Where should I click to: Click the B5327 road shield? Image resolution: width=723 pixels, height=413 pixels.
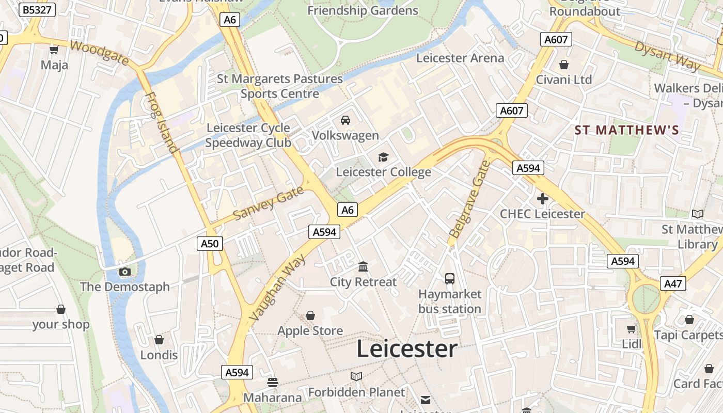[x=37, y=10]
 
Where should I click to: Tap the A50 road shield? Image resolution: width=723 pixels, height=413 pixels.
[x=210, y=244]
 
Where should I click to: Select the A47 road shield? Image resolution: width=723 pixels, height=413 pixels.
[x=673, y=283]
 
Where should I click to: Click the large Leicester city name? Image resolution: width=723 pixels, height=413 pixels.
[x=407, y=349]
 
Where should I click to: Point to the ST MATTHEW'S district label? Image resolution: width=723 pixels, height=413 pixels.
[x=627, y=130]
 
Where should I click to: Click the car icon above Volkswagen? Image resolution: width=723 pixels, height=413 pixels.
[x=345, y=120]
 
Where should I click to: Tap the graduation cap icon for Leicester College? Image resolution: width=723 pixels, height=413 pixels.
[x=383, y=157]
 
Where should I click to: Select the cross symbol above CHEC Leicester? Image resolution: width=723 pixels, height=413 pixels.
[x=542, y=199]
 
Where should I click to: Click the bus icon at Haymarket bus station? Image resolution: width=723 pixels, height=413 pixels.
[x=450, y=279]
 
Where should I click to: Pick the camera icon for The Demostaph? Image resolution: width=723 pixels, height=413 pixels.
[x=124, y=272]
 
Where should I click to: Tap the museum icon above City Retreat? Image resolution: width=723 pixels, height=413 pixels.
[x=363, y=267]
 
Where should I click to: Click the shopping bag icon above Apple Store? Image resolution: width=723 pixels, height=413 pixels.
[x=310, y=315]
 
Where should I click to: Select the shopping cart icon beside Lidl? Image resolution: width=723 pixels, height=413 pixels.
[x=631, y=329]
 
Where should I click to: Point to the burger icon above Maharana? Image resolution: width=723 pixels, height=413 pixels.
[x=273, y=383]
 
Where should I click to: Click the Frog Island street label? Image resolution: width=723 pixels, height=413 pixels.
[x=162, y=123]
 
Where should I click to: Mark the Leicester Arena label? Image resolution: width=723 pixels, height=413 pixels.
[x=460, y=58]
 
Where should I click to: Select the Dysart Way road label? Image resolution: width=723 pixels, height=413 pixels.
[x=667, y=56]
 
